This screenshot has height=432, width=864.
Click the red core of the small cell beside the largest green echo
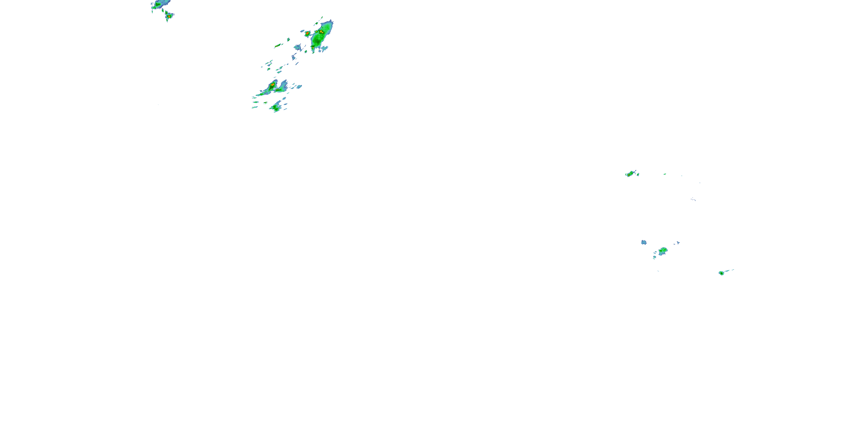tap(307, 33)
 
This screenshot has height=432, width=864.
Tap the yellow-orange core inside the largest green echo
tap(321, 32)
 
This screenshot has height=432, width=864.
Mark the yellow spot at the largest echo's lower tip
tap(313, 48)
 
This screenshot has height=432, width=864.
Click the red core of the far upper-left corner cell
tap(169, 16)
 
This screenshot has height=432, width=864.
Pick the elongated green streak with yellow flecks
tap(278, 45)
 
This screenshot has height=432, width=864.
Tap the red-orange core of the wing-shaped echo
tap(272, 85)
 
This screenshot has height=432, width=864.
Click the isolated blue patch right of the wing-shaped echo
tap(298, 87)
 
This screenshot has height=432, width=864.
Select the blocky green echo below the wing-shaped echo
tap(276, 107)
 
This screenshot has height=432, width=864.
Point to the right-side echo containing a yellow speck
tap(631, 173)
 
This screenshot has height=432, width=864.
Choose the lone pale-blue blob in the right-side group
tap(644, 242)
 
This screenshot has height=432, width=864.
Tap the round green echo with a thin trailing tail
tap(721, 273)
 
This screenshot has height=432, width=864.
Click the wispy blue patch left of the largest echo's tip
tap(298, 47)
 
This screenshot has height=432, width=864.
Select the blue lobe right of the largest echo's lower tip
tap(324, 48)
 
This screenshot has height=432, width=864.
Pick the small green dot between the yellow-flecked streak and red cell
tap(288, 39)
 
